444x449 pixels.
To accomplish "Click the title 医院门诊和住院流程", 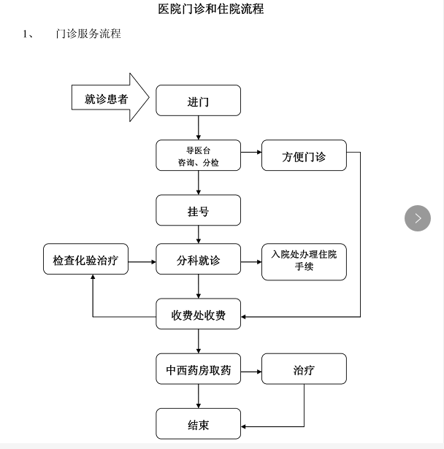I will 211,9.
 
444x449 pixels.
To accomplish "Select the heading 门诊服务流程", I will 88,34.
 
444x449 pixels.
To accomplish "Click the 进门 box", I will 198,101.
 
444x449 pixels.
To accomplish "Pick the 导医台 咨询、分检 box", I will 198,156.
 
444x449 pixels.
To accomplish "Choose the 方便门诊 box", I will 304,156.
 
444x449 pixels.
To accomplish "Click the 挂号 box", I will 198,210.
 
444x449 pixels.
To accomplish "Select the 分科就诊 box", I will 198,260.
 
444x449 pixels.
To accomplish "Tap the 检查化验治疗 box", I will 85,260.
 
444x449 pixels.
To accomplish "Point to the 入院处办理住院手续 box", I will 304,261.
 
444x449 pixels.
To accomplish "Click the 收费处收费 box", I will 198,315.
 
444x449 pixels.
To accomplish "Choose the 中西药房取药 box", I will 198,370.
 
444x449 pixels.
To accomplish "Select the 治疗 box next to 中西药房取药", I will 304,370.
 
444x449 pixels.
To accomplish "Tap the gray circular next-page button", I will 418,218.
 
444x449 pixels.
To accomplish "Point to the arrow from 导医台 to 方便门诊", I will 251,153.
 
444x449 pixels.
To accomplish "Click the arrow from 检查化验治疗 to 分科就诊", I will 142,260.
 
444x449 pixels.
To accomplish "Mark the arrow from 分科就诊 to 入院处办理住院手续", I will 251,260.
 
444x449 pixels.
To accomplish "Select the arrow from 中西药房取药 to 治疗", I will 251,371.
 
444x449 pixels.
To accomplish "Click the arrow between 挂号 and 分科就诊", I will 198,234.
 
